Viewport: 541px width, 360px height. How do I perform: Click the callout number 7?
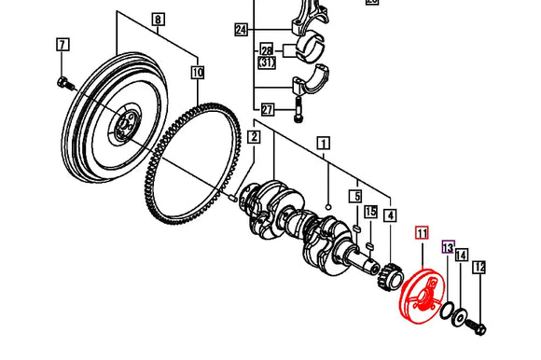click(62, 45)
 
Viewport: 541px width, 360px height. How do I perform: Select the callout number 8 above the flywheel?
click(157, 20)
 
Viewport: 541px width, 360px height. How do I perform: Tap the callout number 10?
click(197, 71)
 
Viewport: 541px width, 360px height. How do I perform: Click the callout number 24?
click(242, 31)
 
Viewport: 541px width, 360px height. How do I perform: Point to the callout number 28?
click(267, 48)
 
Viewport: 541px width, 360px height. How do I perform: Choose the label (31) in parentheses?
click(267, 62)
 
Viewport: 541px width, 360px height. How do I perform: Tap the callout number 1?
click(324, 143)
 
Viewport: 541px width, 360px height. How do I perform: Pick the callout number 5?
click(355, 196)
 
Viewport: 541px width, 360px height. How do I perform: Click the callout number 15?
click(370, 213)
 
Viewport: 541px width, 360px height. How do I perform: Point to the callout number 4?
click(389, 215)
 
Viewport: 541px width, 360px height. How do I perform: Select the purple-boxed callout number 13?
click(447, 248)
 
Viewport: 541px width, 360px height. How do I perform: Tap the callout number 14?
click(462, 254)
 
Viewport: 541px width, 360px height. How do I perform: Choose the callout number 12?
click(479, 268)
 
